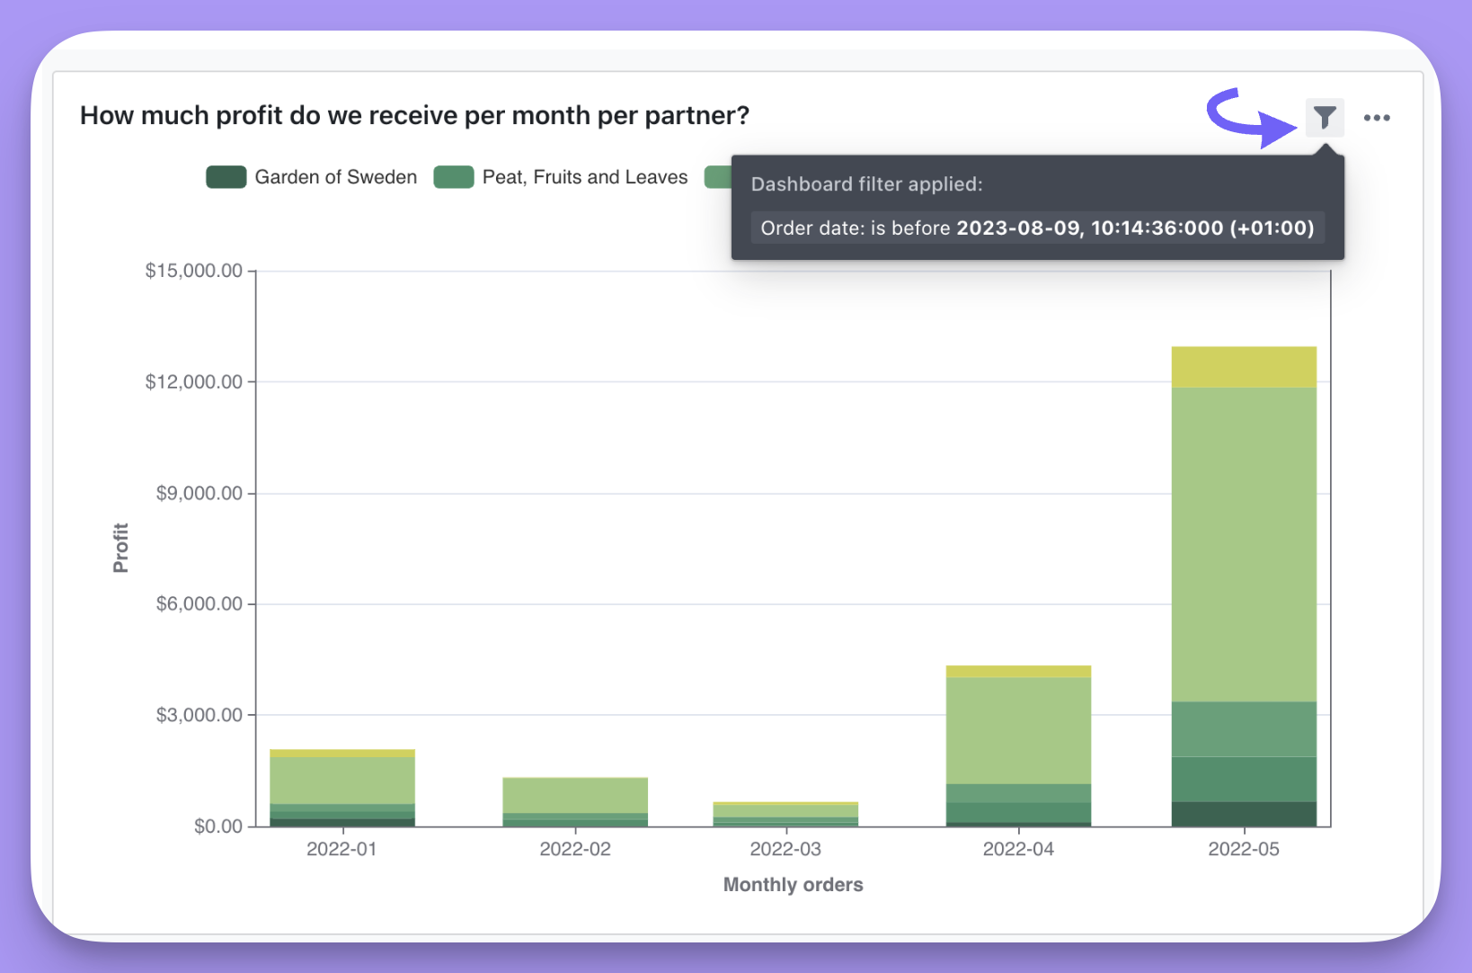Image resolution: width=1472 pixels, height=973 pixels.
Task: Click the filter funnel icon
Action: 1325,117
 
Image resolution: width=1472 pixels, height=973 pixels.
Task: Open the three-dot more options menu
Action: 1376,118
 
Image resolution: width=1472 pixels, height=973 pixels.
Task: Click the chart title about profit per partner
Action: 414,116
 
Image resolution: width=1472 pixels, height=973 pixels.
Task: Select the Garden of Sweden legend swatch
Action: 226,177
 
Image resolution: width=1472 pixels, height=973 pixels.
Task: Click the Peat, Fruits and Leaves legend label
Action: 584,177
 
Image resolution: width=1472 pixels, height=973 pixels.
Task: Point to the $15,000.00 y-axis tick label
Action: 194,271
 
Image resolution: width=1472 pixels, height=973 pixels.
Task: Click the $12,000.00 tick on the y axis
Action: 194,382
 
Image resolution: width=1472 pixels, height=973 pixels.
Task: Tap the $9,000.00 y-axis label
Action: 200,493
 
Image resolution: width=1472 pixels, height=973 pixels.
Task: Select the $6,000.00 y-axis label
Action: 200,603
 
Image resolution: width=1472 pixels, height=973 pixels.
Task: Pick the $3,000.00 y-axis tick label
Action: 200,715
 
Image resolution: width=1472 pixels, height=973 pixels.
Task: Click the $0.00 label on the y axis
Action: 218,826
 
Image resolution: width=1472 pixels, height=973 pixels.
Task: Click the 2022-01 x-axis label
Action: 341,849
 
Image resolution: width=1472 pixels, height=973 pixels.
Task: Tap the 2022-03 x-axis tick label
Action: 785,849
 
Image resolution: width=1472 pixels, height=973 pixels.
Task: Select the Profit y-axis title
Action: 120,548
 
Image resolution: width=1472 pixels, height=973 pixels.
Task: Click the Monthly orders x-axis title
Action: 793,885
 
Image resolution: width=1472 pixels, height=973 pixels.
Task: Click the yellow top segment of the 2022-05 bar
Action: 1244,367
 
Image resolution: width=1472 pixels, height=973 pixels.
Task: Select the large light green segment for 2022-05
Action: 1244,544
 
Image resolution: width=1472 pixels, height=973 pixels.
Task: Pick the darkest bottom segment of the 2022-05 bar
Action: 1244,814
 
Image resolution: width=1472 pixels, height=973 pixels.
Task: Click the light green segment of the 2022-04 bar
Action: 1018,730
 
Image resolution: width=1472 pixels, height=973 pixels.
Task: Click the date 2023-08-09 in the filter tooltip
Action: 1017,228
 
